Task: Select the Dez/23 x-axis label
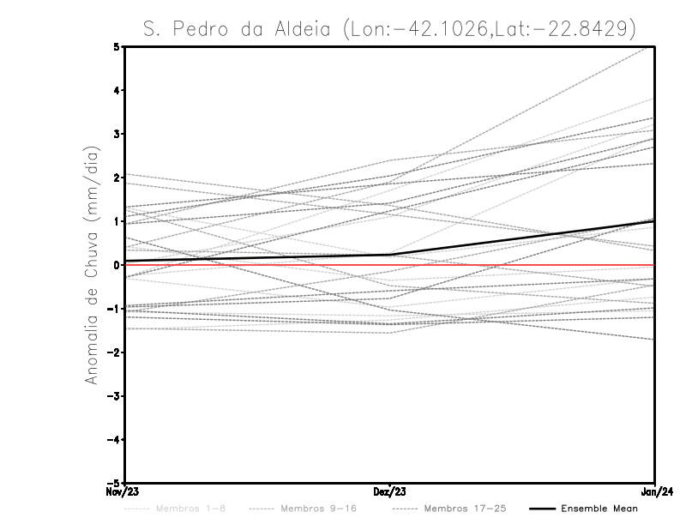coord(389,491)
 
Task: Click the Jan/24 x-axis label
coord(655,491)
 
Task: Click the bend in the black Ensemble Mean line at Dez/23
coord(390,254)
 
